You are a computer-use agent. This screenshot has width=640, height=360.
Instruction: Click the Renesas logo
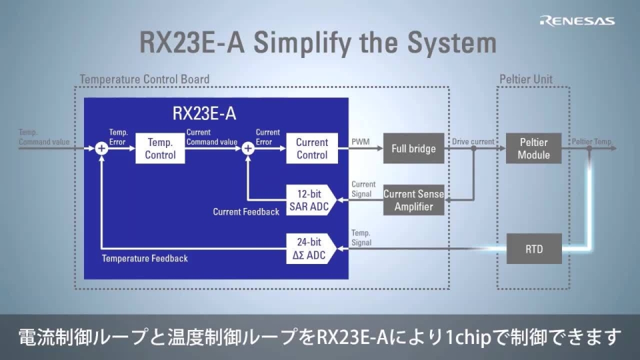(577, 21)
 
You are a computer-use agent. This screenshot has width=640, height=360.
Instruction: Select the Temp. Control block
(160, 148)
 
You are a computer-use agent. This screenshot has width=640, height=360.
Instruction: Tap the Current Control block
(312, 148)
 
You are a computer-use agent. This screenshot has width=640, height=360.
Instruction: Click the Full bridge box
(413, 148)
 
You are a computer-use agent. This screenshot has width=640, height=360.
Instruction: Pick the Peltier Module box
(533, 148)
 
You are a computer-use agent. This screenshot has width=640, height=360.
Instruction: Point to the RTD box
(533, 249)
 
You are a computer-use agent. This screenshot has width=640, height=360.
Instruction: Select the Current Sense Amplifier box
(413, 200)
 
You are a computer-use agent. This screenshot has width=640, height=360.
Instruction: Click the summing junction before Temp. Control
(101, 148)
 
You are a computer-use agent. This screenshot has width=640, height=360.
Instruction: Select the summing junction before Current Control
(248, 148)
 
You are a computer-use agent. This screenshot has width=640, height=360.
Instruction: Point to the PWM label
(360, 141)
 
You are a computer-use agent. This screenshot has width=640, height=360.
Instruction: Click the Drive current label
(473, 141)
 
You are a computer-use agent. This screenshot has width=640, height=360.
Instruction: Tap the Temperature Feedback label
(145, 258)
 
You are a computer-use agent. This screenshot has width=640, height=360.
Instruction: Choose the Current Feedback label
(246, 212)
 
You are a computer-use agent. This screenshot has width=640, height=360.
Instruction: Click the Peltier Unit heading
(526, 79)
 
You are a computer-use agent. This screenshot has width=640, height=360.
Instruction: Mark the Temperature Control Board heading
(145, 79)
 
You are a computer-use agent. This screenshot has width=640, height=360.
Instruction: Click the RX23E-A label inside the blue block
(204, 113)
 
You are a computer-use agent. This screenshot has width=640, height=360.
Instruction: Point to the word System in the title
(445, 43)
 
